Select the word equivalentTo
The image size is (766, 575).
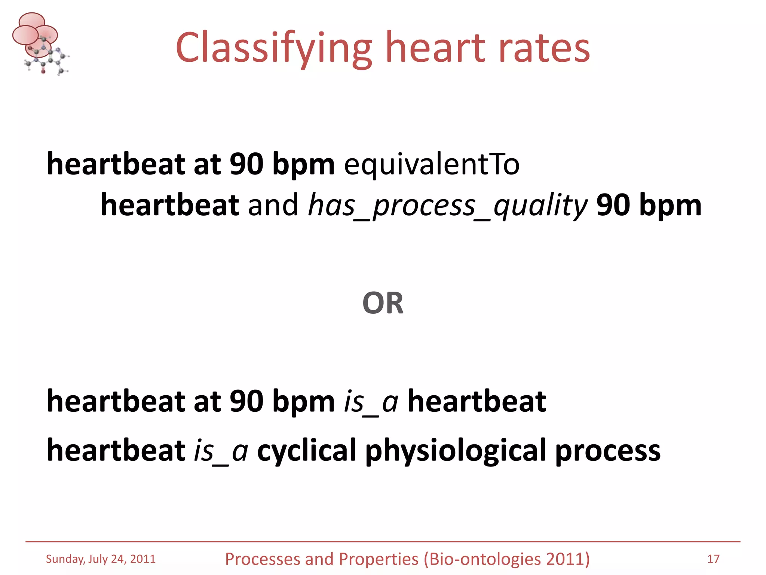click(432, 165)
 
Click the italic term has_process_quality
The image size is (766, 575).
click(447, 206)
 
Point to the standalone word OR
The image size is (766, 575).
click(383, 303)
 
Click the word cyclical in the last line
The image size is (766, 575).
click(306, 450)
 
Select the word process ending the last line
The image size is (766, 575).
click(608, 450)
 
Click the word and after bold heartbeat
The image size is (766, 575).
click(273, 206)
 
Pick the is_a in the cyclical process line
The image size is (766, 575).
click(221, 450)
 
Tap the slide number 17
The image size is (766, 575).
click(713, 559)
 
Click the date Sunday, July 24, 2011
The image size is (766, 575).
click(101, 559)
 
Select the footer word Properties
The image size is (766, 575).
click(379, 559)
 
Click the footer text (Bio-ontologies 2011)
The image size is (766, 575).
click(507, 559)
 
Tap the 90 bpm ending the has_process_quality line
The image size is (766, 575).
click(649, 206)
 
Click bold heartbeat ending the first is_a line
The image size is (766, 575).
click(477, 402)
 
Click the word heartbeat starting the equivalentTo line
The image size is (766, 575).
click(116, 165)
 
